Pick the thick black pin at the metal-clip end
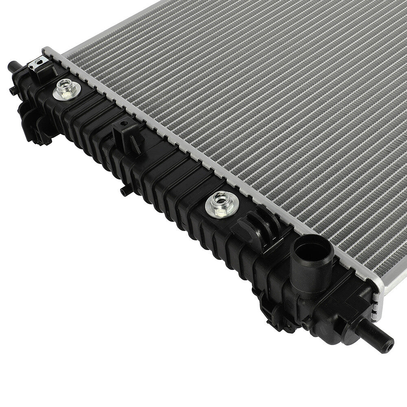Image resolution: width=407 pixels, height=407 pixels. click(14, 66)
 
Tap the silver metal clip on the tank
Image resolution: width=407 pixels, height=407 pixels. click(39, 65)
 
